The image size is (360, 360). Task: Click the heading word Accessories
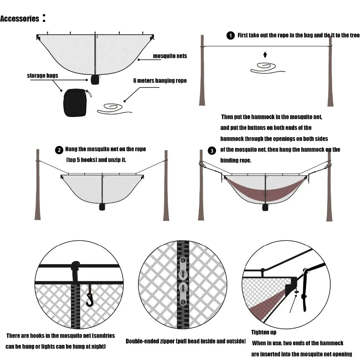point(19,19)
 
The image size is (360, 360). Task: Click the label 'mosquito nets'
point(170,56)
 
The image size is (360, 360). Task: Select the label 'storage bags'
point(42,76)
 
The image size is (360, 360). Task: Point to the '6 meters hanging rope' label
point(160,81)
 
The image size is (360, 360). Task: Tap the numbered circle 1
point(230,36)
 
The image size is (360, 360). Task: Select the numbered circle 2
point(59,150)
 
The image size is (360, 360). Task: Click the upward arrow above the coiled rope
point(265,54)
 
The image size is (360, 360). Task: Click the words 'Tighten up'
point(264,332)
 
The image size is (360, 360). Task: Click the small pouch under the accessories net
point(95,80)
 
